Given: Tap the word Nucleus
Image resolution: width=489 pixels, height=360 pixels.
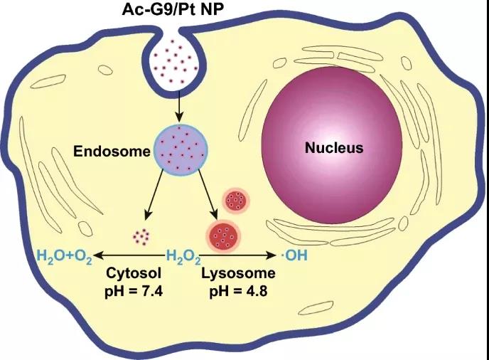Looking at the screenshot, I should click(334, 149).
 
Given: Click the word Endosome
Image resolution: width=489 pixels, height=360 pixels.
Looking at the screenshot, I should click(112, 152).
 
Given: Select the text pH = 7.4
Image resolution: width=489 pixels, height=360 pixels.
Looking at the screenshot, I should click(134, 291).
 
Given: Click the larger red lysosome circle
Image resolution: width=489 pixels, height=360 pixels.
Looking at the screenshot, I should click(223, 235).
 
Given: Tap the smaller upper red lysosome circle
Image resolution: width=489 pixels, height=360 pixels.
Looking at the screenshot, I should click(235, 201).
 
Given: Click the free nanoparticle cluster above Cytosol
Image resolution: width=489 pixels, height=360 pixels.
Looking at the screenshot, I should click(142, 235).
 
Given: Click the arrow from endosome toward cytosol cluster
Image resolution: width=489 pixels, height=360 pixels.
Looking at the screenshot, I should click(158, 197).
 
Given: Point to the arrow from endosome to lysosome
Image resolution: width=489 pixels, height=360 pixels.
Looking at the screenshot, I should click(205, 196).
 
